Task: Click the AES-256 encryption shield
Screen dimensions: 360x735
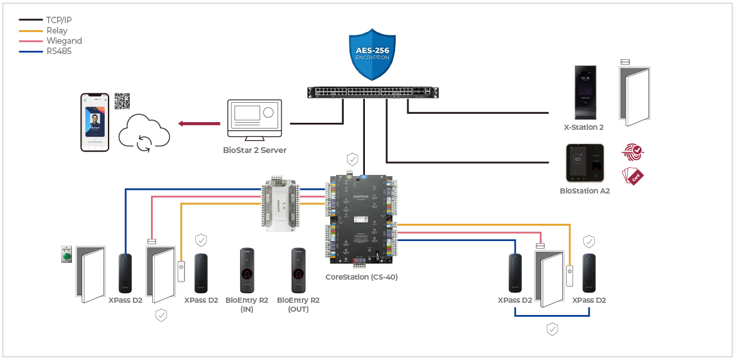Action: coord(373,55)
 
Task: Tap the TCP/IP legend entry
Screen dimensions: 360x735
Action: coord(58,20)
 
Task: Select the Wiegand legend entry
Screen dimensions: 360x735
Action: coord(64,40)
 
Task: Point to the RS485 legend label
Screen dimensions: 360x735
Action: coord(58,51)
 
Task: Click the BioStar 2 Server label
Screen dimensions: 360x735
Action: coord(254,150)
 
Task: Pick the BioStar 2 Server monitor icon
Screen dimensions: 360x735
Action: coord(255,120)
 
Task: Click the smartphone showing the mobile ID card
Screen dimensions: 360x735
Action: coord(94,122)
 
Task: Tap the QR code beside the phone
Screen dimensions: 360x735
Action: coord(122,101)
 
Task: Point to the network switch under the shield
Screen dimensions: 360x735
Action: coord(373,92)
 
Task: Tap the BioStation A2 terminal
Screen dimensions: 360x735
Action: coord(585,163)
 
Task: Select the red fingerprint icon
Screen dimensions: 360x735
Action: coord(633,152)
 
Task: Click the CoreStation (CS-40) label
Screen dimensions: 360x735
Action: coord(360,277)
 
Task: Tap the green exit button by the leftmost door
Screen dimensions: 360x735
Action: coord(66,254)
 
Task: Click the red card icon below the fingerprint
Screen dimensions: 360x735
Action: coord(633,175)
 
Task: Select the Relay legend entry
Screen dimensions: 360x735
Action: coord(57,30)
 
